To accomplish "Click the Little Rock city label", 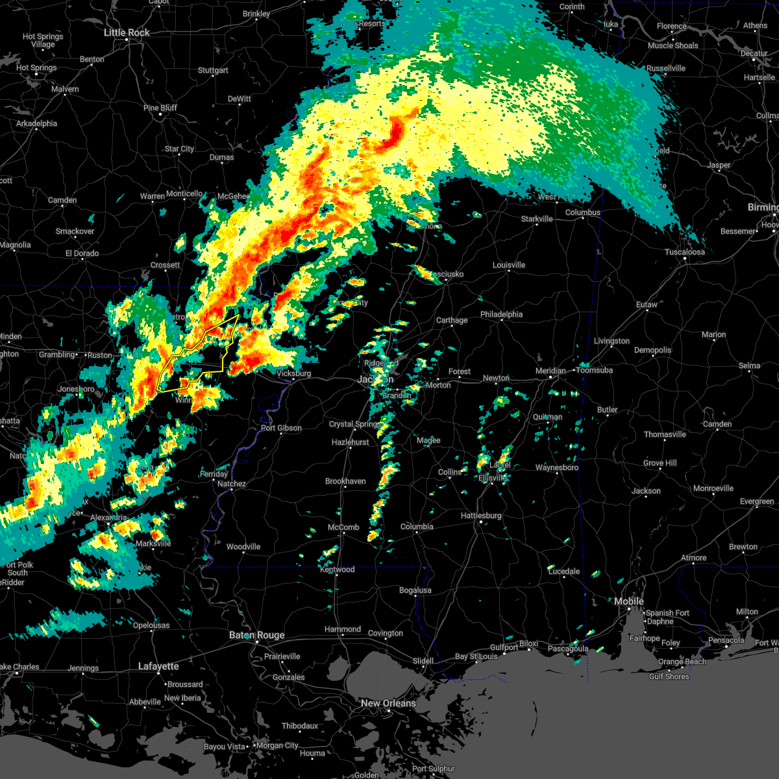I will [x=127, y=32].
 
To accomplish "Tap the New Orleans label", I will [x=388, y=703].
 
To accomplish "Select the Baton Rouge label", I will [x=256, y=635].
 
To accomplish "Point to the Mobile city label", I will [x=628, y=601].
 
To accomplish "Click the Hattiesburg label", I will [x=481, y=515].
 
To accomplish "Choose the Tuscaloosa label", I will [x=684, y=252].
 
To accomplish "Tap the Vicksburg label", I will [x=293, y=373].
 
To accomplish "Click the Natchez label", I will [x=232, y=484].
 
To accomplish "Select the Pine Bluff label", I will [x=160, y=108].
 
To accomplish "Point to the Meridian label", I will [x=550, y=371].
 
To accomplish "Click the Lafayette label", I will [x=158, y=666].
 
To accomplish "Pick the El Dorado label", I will [x=82, y=253].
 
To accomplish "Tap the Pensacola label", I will [x=726, y=640].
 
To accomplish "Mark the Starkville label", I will [x=537, y=219].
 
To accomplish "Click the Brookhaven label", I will [x=345, y=481].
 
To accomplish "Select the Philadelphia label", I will [x=501, y=314].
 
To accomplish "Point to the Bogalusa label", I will [x=415, y=590].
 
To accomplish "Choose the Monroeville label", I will [x=713, y=488].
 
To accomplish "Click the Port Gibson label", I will [x=281, y=428].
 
